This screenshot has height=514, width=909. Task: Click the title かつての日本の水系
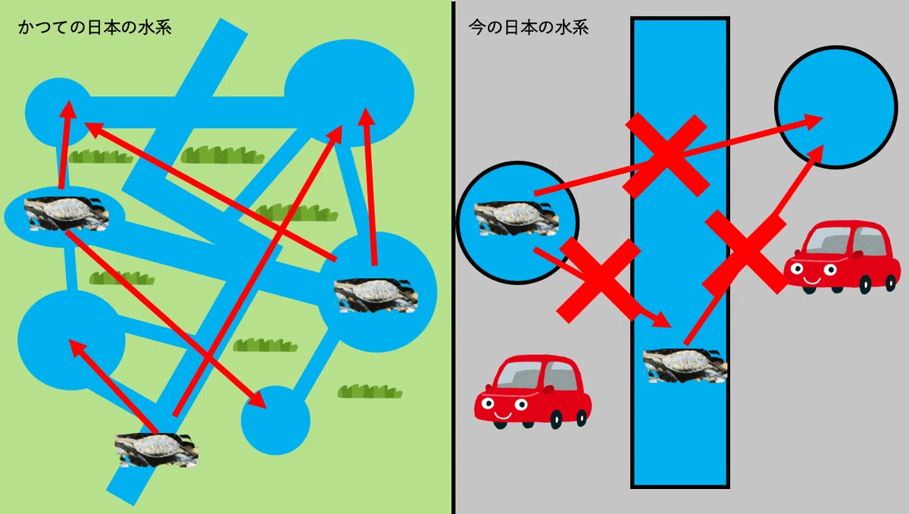click(x=95, y=28)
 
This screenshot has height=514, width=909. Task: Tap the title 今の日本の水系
click(x=529, y=27)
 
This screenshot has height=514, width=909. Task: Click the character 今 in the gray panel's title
click(x=477, y=27)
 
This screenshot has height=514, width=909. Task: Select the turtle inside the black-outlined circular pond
click(x=517, y=219)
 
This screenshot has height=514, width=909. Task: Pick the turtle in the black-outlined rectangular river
click(x=685, y=365)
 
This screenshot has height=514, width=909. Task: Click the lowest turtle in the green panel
click(x=156, y=450)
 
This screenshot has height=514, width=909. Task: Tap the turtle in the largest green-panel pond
click(x=376, y=296)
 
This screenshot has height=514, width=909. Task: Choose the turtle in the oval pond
click(x=66, y=214)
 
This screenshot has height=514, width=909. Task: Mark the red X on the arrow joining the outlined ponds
click(x=666, y=155)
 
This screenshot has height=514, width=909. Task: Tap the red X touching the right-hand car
click(x=745, y=252)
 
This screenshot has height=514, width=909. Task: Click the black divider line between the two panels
click(x=453, y=257)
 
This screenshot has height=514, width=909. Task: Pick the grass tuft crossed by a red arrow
click(x=297, y=212)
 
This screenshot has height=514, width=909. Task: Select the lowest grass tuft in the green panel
click(x=370, y=391)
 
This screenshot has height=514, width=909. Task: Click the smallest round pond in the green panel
click(x=276, y=421)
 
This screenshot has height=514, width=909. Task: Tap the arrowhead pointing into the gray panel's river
click(x=661, y=320)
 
